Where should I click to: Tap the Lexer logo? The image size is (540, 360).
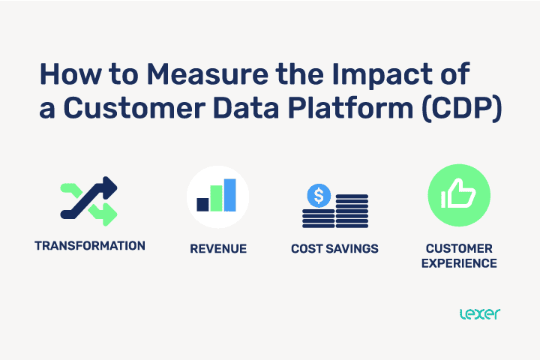coord(478,313)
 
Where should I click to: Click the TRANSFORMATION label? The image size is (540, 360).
coord(90,246)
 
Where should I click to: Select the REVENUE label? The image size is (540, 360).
coord(217,249)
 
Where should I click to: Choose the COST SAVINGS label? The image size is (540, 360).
coord(334,249)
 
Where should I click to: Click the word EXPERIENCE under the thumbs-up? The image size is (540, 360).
coord(459,263)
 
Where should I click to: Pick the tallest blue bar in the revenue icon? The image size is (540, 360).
coord(230,194)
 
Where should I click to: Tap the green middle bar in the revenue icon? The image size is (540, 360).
coord(217,198)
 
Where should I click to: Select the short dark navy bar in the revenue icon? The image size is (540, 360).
coord(202,204)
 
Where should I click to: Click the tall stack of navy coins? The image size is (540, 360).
coord(352,211)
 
